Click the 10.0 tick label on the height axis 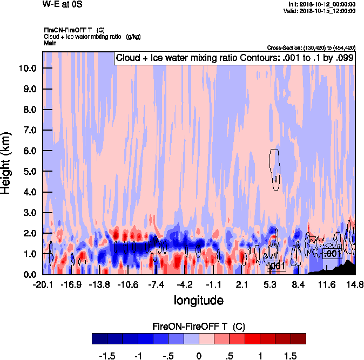click(x=27, y=68)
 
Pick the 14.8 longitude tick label click(x=354, y=284)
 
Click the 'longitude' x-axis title click(x=198, y=300)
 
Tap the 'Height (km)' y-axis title click(x=7, y=162)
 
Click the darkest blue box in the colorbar click(x=99, y=338)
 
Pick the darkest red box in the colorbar click(x=298, y=338)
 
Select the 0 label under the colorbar click(x=199, y=356)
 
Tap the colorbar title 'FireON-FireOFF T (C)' click(x=199, y=326)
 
